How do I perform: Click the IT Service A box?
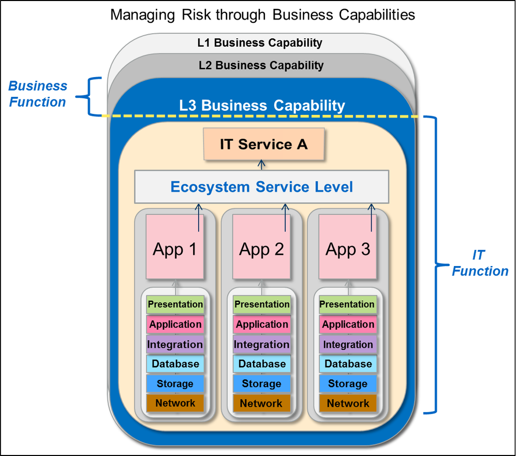[x=263, y=144]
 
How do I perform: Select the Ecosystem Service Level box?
[x=261, y=186]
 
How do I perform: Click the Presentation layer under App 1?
[x=175, y=304]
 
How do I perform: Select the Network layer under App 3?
[x=348, y=403]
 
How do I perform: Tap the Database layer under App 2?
[x=262, y=364]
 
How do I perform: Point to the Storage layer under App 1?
[x=175, y=384]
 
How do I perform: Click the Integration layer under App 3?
[x=348, y=344]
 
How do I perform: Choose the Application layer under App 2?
[x=262, y=325]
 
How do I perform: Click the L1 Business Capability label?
[x=260, y=43]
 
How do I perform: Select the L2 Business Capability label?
[x=261, y=66]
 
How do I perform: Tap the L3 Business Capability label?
[x=262, y=106]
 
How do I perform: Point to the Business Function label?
[x=38, y=94]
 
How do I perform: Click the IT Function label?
[x=480, y=263]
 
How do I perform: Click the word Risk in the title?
[x=203, y=14]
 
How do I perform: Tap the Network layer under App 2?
[x=262, y=403]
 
